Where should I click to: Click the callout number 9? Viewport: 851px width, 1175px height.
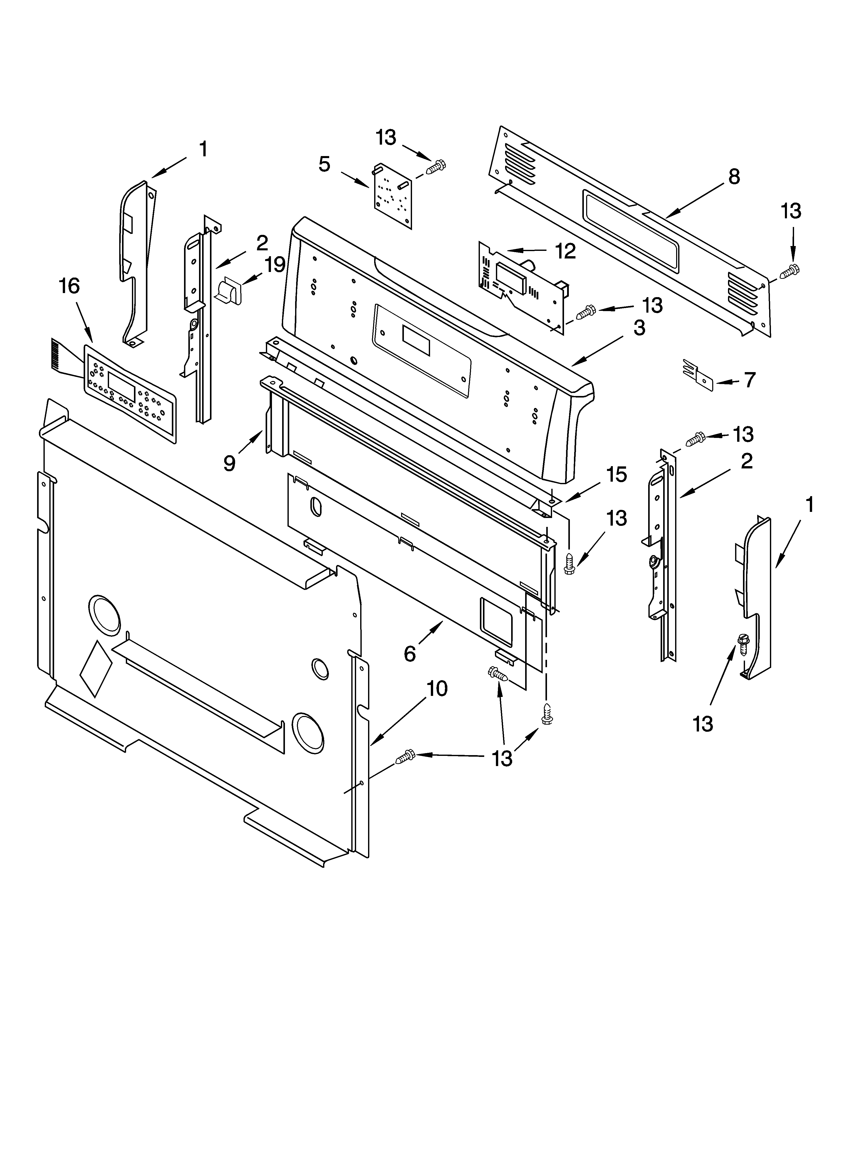[229, 463]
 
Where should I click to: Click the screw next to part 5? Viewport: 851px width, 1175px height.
[436, 167]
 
